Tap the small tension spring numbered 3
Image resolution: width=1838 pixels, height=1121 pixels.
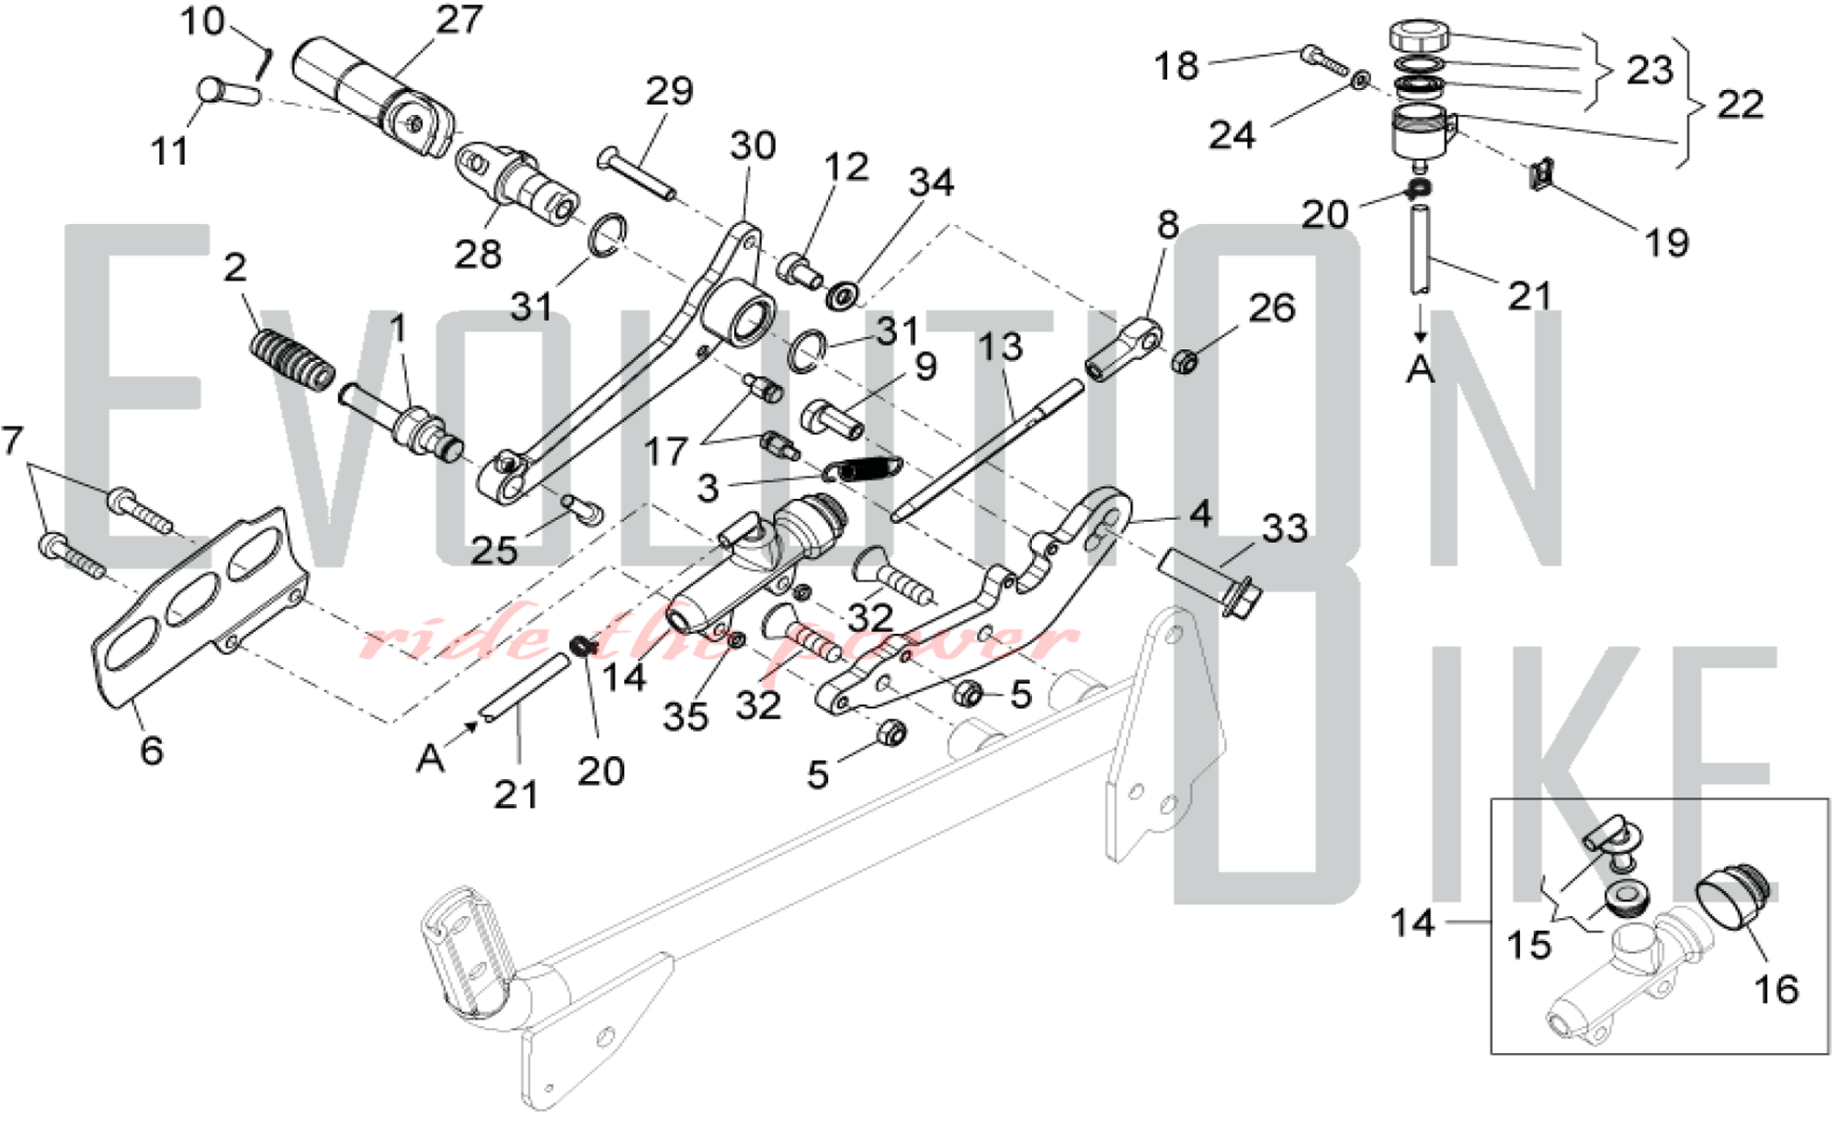pyautogui.click(x=863, y=469)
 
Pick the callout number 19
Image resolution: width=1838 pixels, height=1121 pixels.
pyautogui.click(x=1666, y=243)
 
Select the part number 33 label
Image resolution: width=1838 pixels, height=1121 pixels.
pyautogui.click(x=1285, y=528)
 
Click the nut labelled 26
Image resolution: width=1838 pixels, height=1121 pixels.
pyautogui.click(x=1185, y=361)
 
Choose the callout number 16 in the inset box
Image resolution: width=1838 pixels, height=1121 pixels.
pyautogui.click(x=1776, y=989)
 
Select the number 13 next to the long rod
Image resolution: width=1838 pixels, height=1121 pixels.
pyautogui.click(x=1000, y=346)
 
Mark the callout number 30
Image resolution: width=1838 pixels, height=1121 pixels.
pyautogui.click(x=753, y=145)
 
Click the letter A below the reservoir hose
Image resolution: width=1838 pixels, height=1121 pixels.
pyautogui.click(x=1421, y=369)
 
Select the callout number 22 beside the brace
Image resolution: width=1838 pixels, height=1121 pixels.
pyautogui.click(x=1740, y=104)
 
